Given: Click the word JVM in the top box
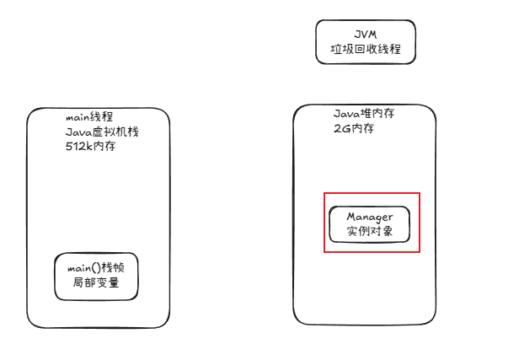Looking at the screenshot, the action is [x=366, y=34].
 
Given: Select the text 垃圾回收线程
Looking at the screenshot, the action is [x=366, y=49].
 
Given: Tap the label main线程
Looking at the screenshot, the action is [x=89, y=117].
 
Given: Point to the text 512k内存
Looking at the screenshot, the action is [x=90, y=146].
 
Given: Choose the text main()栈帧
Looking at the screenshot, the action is [x=95, y=268].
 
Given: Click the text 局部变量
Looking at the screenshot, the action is [x=95, y=282].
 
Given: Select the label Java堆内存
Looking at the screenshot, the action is [x=366, y=114].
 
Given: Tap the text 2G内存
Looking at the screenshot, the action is [x=354, y=128].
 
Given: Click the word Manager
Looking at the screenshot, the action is [x=369, y=218].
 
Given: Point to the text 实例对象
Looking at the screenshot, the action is [x=369, y=231].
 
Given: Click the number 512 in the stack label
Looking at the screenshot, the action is [x=74, y=146].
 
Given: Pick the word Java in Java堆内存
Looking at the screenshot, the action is [x=347, y=114].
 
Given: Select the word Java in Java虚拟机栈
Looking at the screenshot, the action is [x=78, y=132].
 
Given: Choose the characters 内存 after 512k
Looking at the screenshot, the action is [x=104, y=146].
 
